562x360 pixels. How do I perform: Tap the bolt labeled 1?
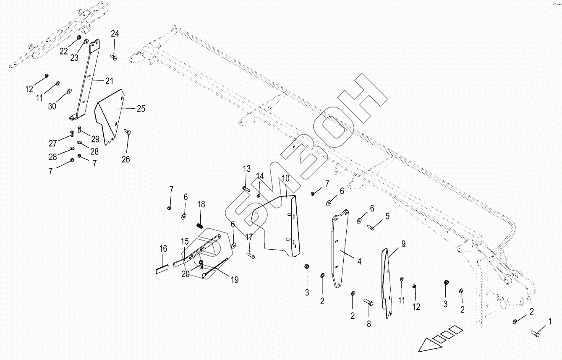coord(536,334)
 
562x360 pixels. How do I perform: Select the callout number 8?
coord(369,324)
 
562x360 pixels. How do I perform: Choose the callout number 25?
coord(141,109)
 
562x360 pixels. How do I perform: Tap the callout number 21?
coord(109,80)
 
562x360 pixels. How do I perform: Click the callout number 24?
coord(115,34)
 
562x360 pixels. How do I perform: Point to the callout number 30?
coord(52,106)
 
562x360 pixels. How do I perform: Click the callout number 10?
coord(285,178)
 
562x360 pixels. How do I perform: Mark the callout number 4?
coord(359,261)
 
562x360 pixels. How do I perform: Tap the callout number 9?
coord(403,244)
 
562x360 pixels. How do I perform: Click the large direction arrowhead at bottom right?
coord(428,345)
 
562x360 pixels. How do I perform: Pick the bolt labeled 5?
coord(371,227)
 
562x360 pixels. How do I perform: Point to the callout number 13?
coord(246,169)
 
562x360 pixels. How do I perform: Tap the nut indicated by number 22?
coord(79,37)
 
